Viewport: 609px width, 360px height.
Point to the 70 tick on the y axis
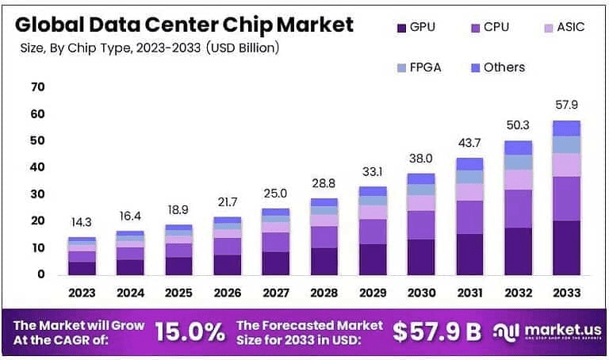coord(37,86)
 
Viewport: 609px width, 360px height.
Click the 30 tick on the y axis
coord(37,194)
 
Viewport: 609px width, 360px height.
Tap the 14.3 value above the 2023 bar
coord(82,221)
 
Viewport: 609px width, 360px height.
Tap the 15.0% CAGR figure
coord(190,331)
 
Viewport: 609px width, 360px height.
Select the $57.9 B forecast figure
coord(438,331)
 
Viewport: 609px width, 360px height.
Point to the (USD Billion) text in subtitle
coord(240,48)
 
